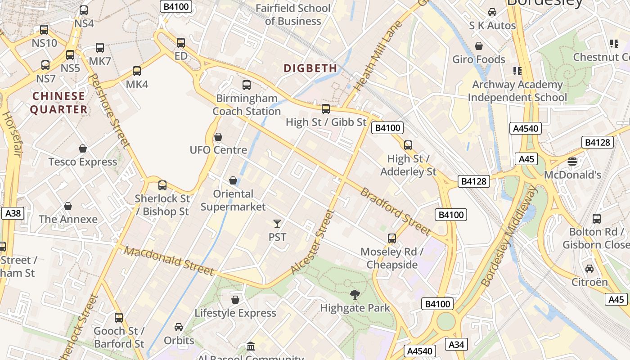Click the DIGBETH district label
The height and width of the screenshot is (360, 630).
[x=310, y=68]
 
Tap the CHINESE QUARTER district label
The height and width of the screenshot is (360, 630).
[x=59, y=103]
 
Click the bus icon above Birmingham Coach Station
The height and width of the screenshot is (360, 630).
[x=246, y=85]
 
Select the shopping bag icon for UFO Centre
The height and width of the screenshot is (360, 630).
[x=218, y=137]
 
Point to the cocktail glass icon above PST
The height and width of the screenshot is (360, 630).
[x=277, y=224]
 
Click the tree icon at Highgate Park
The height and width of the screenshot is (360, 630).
[x=355, y=295]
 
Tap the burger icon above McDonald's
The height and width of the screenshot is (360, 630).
[x=572, y=161]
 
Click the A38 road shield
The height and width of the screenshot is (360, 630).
[x=13, y=213]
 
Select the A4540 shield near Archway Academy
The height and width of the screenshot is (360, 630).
[x=526, y=128]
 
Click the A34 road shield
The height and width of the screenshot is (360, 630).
[x=457, y=345]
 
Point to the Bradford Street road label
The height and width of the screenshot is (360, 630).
[x=396, y=211]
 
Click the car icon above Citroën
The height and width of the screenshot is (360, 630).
[x=589, y=269]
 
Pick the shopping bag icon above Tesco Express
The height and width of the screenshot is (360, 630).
[x=83, y=148]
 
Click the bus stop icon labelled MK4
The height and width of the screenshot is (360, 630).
[x=137, y=71]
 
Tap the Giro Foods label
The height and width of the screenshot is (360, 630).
[x=479, y=59]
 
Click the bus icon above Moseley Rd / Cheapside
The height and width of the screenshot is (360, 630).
[x=392, y=238]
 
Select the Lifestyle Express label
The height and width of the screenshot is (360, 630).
[x=235, y=313]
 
